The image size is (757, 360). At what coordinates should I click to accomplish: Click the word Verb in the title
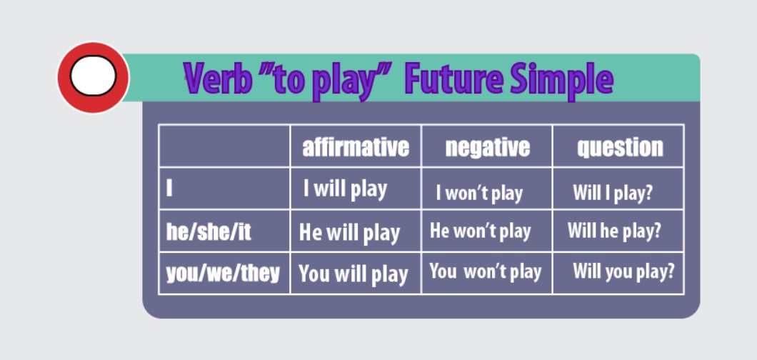218,79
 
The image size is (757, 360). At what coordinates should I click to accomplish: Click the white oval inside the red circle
93,76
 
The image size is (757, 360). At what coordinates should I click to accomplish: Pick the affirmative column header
356,146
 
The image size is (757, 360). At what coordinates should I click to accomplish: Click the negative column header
487,147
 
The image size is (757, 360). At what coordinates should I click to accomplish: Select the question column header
620,147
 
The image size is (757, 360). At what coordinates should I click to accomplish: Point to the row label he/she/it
209,232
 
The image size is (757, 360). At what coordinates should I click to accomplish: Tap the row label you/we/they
223,273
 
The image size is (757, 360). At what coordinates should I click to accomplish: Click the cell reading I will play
345,189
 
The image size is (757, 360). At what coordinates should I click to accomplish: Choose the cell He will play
349,233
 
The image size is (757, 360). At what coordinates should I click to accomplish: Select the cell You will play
354,274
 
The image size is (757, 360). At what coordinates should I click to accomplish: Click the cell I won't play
479,194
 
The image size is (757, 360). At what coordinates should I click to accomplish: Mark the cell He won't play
481,231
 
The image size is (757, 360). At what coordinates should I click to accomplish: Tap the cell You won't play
485,271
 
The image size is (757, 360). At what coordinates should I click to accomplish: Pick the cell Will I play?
613,193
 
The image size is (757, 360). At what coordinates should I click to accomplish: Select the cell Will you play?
623,271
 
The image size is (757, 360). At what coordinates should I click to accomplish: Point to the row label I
169,188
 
